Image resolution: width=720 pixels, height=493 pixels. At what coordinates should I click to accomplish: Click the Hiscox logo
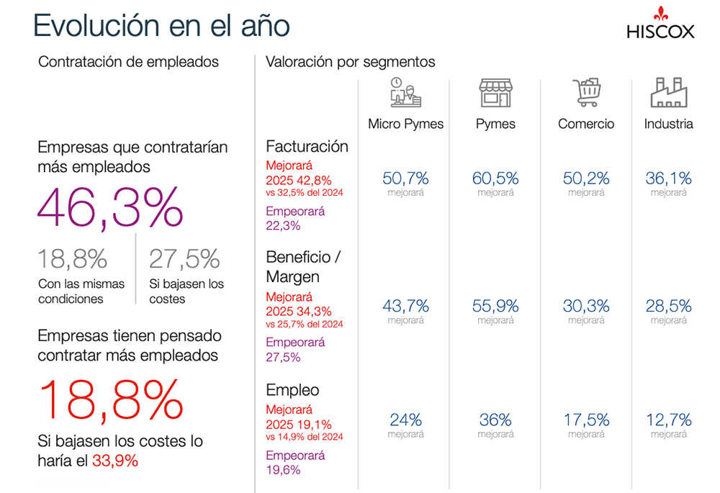click(x=660, y=24)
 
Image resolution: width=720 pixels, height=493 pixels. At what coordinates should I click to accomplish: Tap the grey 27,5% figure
click(x=184, y=259)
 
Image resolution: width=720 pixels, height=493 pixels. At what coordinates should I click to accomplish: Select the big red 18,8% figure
click(x=111, y=400)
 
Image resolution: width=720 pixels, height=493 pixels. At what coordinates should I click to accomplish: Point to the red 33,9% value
click(x=115, y=461)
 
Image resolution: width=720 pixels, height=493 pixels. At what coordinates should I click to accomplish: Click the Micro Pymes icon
click(x=405, y=93)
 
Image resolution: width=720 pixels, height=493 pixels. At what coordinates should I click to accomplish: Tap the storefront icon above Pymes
click(x=495, y=93)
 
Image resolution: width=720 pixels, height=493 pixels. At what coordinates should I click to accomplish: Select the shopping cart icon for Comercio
click(x=586, y=93)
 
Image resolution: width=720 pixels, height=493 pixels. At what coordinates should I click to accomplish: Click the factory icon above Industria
click(x=668, y=93)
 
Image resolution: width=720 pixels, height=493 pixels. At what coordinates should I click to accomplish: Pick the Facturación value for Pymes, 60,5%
click(x=495, y=178)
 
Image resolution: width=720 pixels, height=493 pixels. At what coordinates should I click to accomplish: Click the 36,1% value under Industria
click(x=668, y=178)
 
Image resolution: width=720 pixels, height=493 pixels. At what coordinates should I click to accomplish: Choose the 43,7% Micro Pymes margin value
click(x=405, y=306)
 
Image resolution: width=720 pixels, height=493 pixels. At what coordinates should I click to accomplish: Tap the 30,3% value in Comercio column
click(x=586, y=306)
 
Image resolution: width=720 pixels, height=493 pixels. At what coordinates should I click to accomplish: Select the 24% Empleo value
click(x=405, y=420)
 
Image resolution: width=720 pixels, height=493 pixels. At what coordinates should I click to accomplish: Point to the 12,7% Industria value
click(x=668, y=420)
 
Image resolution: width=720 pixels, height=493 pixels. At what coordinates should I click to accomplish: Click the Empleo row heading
click(x=292, y=390)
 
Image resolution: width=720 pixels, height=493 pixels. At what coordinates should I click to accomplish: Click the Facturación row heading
click(x=307, y=146)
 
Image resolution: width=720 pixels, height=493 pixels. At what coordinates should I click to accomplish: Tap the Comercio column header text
click(x=586, y=124)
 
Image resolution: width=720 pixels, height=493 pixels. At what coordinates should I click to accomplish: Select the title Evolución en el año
click(x=161, y=25)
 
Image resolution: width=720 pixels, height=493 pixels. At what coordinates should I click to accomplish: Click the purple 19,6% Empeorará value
click(x=283, y=470)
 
